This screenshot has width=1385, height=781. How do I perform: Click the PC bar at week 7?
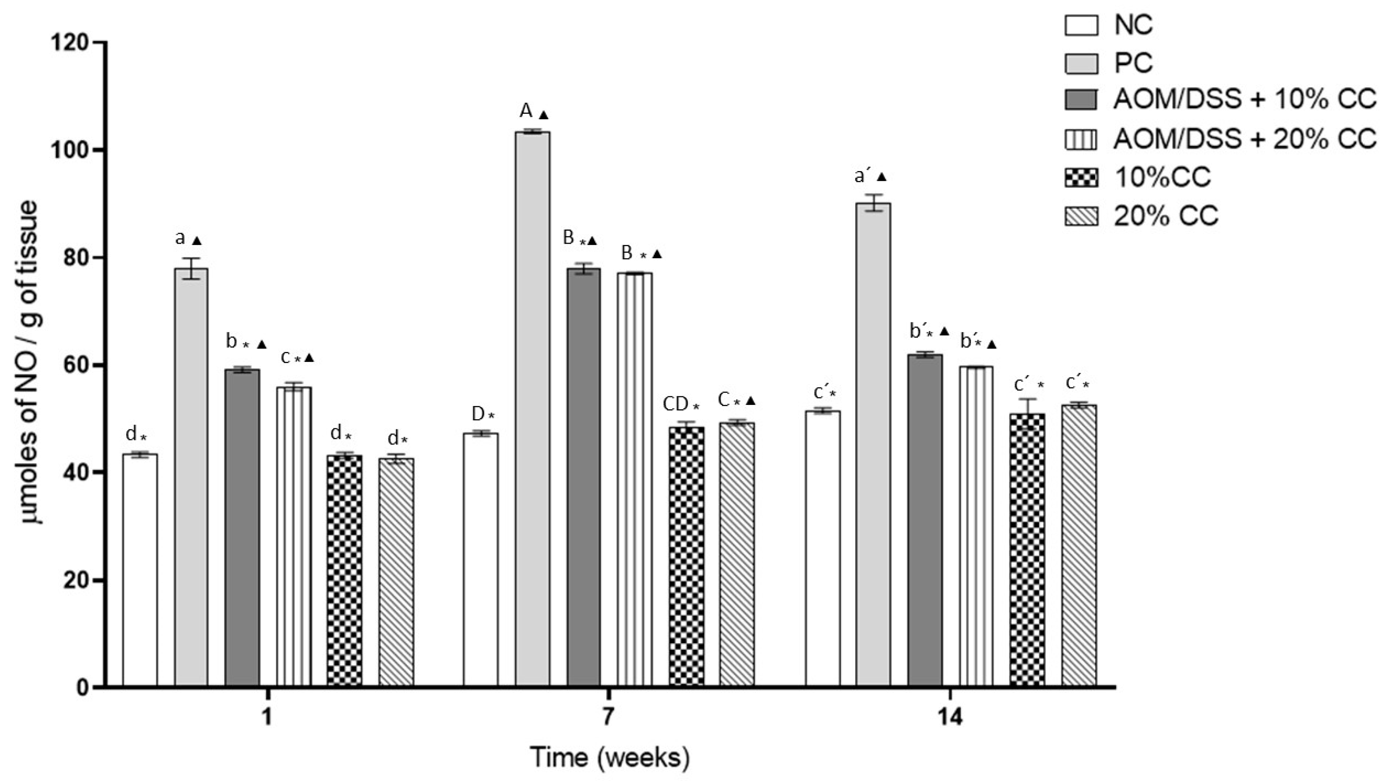pyautogui.click(x=532, y=409)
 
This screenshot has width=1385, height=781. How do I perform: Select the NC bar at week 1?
pyautogui.click(x=140, y=570)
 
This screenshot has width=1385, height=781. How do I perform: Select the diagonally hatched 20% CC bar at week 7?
pyautogui.click(x=737, y=554)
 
